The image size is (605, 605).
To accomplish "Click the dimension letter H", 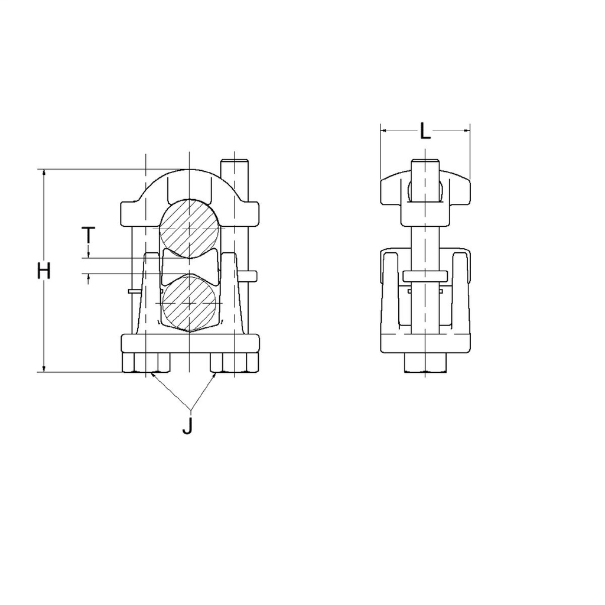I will [x=44, y=271].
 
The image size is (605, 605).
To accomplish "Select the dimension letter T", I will [x=88, y=235].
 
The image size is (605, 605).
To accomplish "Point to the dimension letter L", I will [x=425, y=131].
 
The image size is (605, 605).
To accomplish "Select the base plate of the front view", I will [x=190, y=343].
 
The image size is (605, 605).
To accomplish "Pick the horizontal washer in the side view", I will [x=425, y=276].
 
